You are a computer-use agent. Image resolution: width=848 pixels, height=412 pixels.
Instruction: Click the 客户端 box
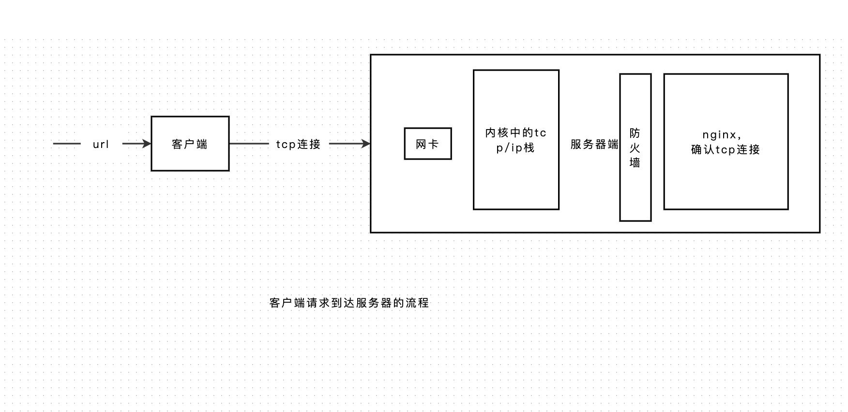(x=190, y=144)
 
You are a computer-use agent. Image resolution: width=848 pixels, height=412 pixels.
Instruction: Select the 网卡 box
(x=428, y=144)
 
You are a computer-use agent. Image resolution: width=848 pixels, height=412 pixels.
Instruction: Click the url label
(x=101, y=144)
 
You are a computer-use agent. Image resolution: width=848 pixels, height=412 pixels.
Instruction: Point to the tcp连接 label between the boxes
(x=299, y=144)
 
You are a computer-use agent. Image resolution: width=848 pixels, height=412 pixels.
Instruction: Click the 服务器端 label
(x=594, y=144)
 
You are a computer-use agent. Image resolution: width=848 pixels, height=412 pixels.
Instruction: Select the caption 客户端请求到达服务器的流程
(x=349, y=303)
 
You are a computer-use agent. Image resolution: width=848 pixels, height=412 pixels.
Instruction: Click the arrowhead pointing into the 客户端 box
(x=147, y=144)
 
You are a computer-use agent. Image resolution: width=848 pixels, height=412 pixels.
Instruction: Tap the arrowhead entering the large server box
(x=366, y=144)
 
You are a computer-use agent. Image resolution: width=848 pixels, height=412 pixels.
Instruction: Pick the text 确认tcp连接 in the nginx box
(x=726, y=150)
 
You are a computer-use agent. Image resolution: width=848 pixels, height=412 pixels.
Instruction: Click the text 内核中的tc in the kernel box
(x=516, y=133)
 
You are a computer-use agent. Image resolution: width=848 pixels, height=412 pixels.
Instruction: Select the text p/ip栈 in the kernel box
(x=515, y=148)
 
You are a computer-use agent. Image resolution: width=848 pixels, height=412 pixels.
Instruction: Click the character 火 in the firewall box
(x=635, y=148)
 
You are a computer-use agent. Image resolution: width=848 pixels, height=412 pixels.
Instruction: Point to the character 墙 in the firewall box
(x=635, y=163)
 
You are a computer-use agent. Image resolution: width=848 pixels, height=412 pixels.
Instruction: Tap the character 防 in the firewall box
(x=635, y=133)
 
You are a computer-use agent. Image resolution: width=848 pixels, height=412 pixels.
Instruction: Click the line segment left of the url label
(x=67, y=144)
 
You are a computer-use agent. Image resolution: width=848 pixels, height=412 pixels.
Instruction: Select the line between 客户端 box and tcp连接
(x=249, y=144)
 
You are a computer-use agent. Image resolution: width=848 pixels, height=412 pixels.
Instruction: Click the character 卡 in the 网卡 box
(x=434, y=144)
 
